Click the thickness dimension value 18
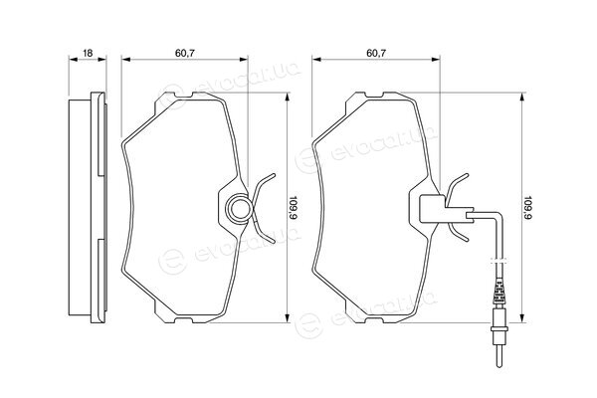pyautogui.click(x=88, y=53)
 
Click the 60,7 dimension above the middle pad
pyautogui.click(x=185, y=53)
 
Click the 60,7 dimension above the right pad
pyautogui.click(x=376, y=53)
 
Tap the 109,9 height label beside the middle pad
pyautogui.click(x=294, y=208)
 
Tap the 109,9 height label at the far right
pyautogui.click(x=527, y=208)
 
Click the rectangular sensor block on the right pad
pyautogui.click(x=432, y=209)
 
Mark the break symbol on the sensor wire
pyautogui.click(x=499, y=261)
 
